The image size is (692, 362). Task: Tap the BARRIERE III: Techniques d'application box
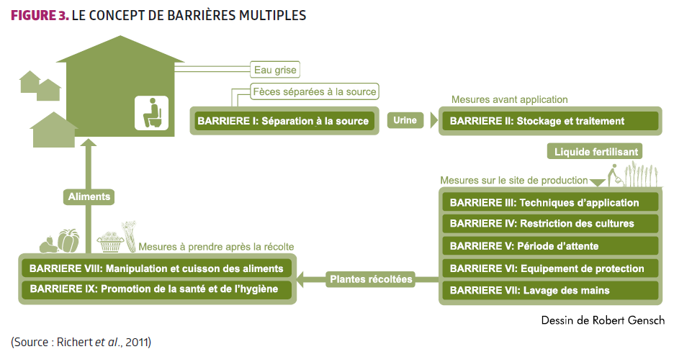pos(550,202)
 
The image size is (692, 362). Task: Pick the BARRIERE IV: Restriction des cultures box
pos(550,224)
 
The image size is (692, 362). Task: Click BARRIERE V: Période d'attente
pos(550,246)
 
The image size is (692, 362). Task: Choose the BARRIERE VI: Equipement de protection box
pos(550,268)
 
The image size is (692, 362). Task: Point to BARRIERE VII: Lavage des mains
pos(550,291)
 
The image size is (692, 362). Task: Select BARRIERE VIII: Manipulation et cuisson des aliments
pos(157,269)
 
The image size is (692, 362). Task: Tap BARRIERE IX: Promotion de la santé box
pos(157,290)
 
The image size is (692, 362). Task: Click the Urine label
pos(405,120)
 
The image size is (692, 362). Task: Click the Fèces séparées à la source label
pos(315,91)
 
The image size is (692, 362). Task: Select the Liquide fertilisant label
pos(593,151)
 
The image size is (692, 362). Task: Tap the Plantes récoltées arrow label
pos(371,279)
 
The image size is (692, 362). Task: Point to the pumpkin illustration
pos(69,241)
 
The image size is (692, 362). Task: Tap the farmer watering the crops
pos(613,175)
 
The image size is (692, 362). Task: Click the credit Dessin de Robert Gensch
pos(602,320)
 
